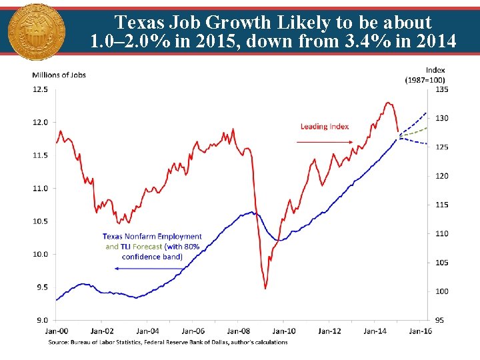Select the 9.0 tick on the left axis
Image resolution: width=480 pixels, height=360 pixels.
coord(41,320)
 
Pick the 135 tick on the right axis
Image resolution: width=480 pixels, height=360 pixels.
coord(441,89)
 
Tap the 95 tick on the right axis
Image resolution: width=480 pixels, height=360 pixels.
coord(439,320)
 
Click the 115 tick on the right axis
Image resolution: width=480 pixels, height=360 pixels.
coord(441,205)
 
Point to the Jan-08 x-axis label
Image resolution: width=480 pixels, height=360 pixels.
coord(238,331)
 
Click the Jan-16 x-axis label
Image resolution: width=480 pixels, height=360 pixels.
coord(419,331)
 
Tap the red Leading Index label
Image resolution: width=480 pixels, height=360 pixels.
coord(324,127)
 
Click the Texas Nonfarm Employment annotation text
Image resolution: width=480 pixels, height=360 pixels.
coord(152,246)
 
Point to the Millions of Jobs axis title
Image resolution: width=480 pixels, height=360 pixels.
coord(59,75)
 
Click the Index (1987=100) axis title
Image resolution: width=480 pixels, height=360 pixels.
coord(425,75)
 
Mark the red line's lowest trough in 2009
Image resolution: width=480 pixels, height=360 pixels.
coord(265,288)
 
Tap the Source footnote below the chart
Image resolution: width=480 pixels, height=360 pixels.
coord(167,343)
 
